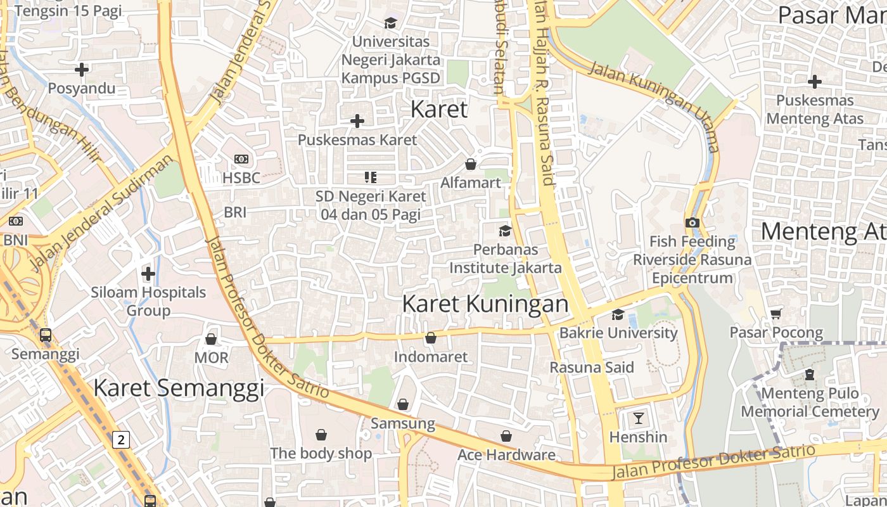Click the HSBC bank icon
241,159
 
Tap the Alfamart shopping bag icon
471,165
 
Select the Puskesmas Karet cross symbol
357,120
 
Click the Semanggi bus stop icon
46,335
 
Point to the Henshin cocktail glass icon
638,418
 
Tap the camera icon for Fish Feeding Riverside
692,222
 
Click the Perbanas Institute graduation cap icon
505,231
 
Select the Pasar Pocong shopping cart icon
775,314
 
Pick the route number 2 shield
121,439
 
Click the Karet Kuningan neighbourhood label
485,304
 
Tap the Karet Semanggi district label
179,387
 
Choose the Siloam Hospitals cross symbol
148,274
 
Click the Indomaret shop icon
430,338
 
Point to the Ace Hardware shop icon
506,436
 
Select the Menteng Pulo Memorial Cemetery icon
809,375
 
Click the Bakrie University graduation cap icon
618,314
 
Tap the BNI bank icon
16,221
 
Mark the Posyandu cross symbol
82,69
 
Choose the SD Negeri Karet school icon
370,177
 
